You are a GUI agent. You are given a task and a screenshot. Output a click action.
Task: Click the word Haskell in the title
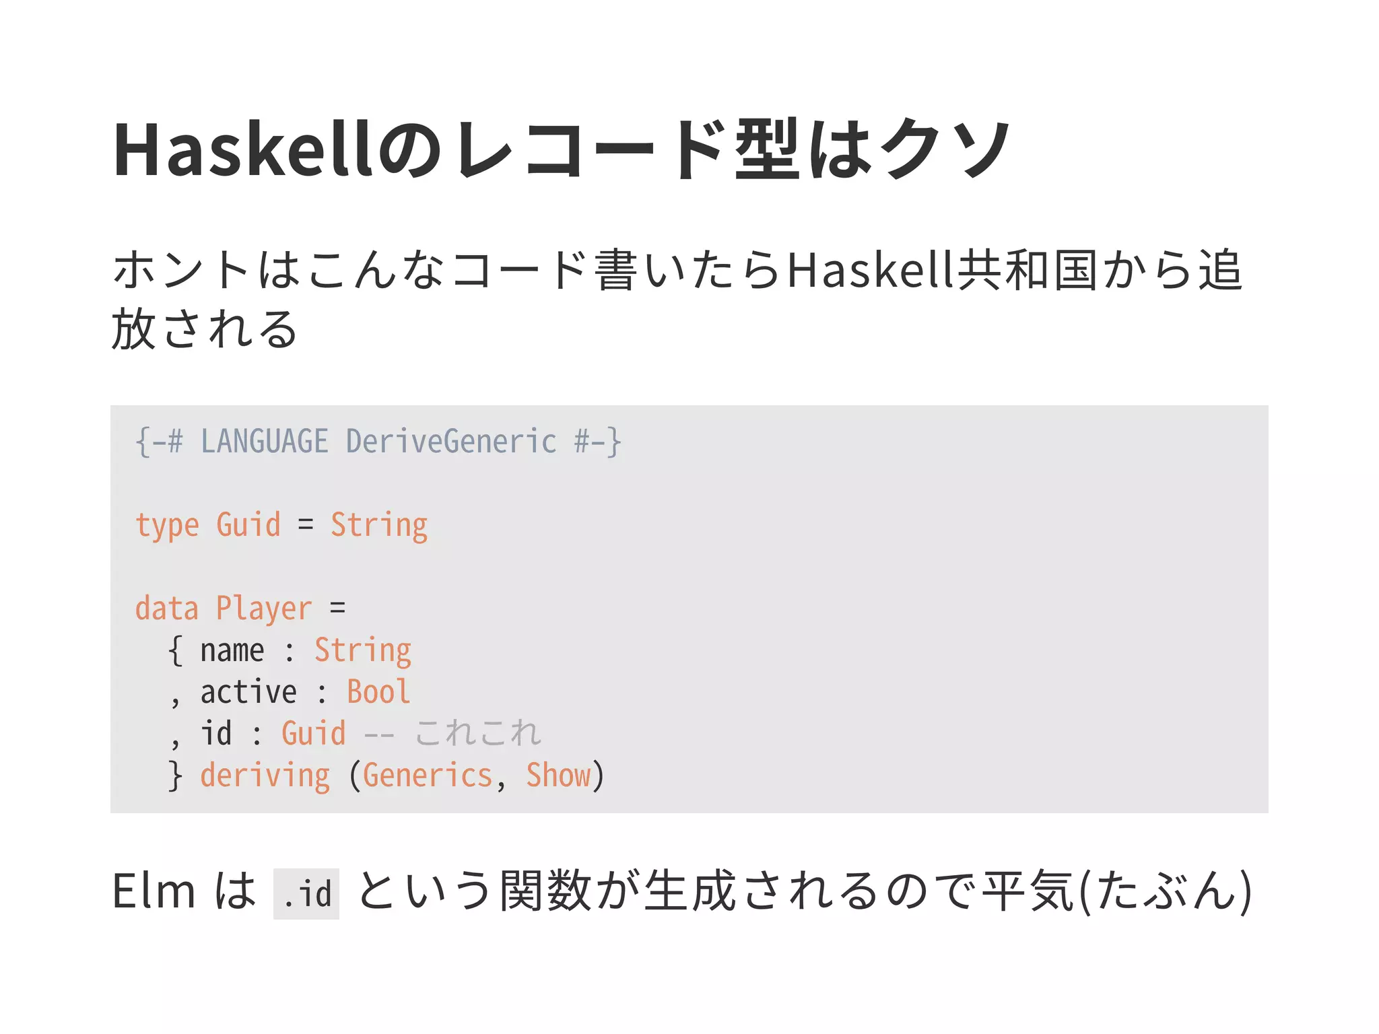(x=242, y=149)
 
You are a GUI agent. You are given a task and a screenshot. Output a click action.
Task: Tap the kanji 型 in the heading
(x=767, y=149)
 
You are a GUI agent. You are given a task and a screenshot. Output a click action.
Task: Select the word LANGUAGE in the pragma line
(x=265, y=442)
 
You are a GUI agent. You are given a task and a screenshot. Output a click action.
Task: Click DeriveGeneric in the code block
(x=451, y=442)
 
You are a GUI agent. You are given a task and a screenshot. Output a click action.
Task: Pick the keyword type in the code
(x=167, y=526)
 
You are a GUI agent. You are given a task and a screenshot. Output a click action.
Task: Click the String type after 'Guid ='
(x=379, y=526)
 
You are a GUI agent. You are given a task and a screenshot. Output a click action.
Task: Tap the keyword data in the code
(x=167, y=609)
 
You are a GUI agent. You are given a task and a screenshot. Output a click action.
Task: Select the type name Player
(x=264, y=609)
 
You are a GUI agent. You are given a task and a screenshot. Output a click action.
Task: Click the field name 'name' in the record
(x=232, y=651)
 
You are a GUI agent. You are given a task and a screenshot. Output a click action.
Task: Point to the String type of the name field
(x=363, y=651)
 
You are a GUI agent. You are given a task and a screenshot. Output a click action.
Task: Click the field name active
(x=248, y=693)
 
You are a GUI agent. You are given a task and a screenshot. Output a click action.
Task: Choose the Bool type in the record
(x=378, y=693)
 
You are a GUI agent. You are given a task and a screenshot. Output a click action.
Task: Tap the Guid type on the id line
(x=314, y=734)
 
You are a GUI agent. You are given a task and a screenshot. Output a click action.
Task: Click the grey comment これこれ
(x=477, y=734)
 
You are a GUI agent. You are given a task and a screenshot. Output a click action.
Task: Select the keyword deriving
(x=265, y=775)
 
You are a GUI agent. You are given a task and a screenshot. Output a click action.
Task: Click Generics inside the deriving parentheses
(x=428, y=775)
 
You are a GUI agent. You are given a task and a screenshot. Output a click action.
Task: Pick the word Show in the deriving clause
(x=558, y=775)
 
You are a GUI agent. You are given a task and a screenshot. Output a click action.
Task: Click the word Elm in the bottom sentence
(x=154, y=891)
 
